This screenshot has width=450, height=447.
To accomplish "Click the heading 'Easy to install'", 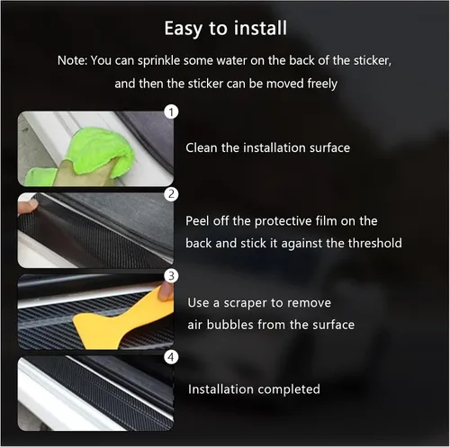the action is coord(226,29).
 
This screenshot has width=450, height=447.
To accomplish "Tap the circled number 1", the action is coord(171,112).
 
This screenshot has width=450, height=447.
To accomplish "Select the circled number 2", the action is coord(171,194).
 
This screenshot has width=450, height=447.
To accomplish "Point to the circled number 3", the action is coord(171,275).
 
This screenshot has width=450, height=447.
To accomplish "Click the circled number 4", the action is coord(171,357).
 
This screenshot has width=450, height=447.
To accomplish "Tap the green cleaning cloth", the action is coord(96,153).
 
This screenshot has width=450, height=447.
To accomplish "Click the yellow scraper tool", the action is coord(120,321).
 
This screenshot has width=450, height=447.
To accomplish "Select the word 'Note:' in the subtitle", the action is coord(72,60).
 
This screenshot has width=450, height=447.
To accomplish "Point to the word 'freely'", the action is coord(322,84).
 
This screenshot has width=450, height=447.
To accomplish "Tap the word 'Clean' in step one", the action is coord(202,148).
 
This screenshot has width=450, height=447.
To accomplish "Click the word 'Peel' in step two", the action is coord(197,221).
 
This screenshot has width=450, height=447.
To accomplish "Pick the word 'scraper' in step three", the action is coord(245,303).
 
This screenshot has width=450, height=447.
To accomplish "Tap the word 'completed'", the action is coord(289,389).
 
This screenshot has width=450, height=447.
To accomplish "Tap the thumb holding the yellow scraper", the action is coord(166,291).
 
